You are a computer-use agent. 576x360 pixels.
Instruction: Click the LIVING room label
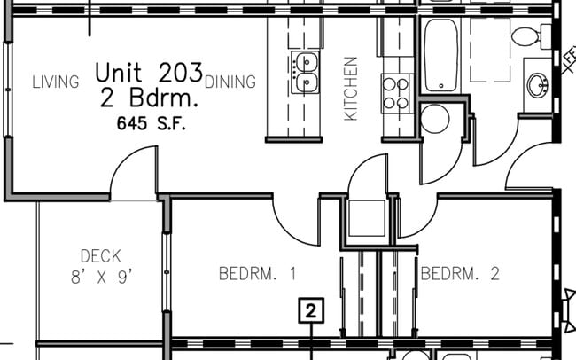coord(56,82)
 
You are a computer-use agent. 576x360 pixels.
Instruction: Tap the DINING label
coord(230,82)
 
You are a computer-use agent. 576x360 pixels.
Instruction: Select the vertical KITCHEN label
coord(351,89)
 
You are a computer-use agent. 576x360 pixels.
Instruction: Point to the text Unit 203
coord(149,72)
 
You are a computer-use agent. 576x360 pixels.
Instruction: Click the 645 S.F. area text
coord(151,123)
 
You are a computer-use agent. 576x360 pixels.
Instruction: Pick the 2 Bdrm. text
coord(149,98)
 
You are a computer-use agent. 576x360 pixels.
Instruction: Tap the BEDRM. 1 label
coord(257,274)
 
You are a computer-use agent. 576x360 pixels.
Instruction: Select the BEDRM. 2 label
coord(460,274)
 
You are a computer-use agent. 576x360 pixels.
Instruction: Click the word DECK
coord(101,256)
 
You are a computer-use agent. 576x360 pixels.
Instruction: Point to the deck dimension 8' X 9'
coord(101,277)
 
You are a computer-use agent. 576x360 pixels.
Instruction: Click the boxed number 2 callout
coord(311,310)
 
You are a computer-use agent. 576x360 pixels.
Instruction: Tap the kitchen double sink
coord(305,72)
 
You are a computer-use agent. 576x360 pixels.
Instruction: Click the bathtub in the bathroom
coord(440,55)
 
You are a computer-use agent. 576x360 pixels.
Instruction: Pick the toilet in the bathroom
coord(531,36)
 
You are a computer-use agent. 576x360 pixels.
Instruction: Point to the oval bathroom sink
coord(538,85)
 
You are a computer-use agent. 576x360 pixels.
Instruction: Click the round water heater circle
coord(435,119)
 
